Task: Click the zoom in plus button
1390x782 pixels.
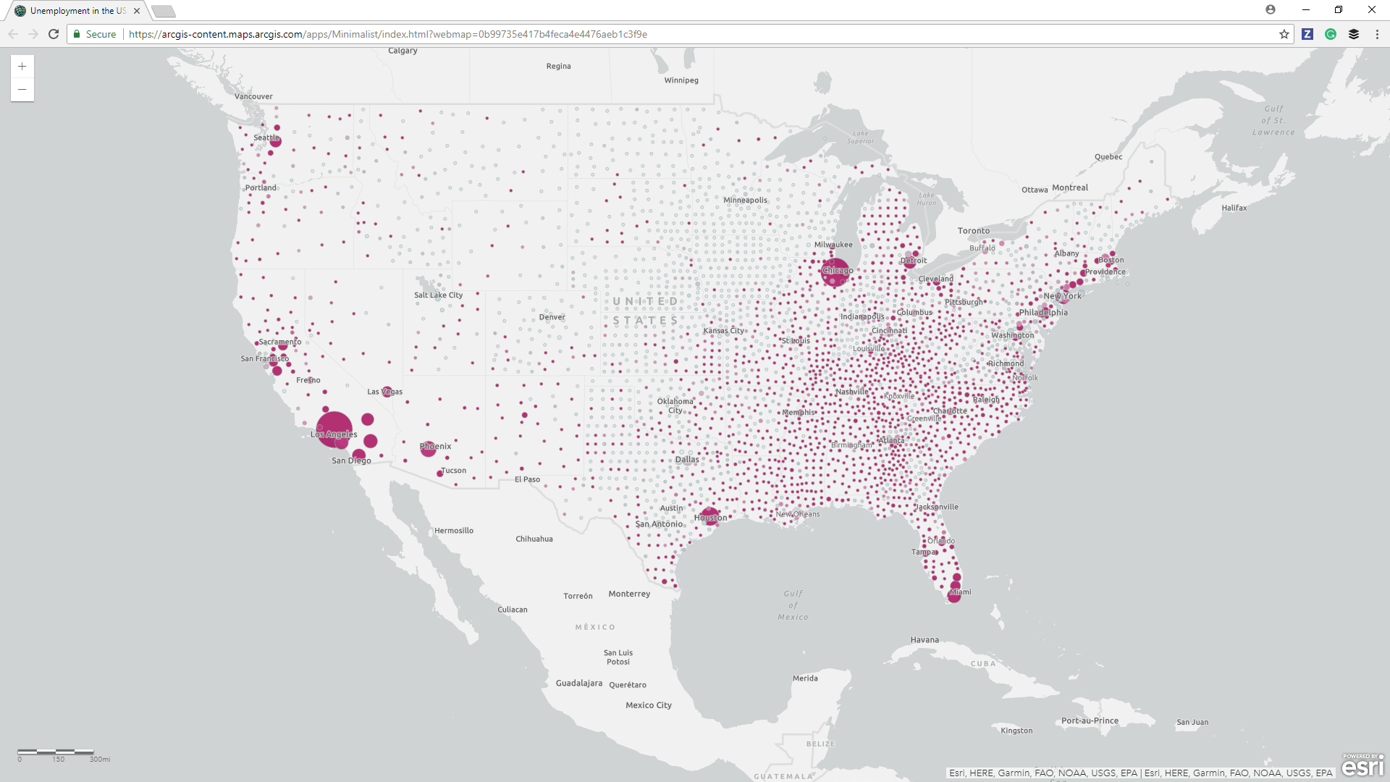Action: coord(22,67)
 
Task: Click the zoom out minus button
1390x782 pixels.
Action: coord(22,90)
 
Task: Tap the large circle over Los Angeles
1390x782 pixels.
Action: coord(334,428)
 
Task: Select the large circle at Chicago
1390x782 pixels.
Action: coord(835,272)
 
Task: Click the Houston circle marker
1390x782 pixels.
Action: coord(709,516)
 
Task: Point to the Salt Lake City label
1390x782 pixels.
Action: coord(438,295)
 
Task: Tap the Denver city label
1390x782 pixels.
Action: coord(552,317)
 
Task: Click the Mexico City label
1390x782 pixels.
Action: coord(648,705)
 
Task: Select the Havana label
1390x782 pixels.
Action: coord(924,640)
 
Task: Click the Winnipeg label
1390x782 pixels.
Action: coord(681,80)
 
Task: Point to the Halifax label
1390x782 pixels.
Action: coord(1234,208)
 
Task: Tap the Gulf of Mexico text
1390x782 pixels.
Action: coord(793,605)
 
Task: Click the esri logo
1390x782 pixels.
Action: coord(1362,765)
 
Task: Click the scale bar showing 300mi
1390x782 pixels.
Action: coord(56,752)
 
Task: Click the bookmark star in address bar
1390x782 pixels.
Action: coord(1284,34)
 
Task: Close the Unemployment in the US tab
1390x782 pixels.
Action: coord(137,11)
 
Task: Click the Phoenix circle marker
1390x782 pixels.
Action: coord(428,448)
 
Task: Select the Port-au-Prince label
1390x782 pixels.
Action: coord(1090,720)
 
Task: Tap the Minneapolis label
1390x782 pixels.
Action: coord(745,200)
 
